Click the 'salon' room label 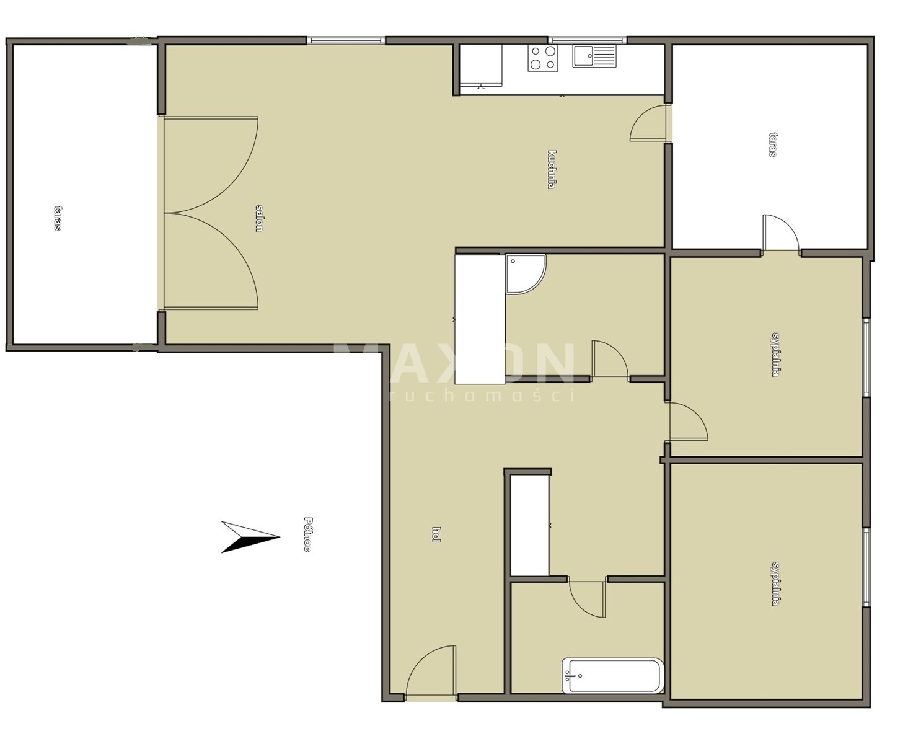tap(258, 218)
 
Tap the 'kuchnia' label tap(552, 169)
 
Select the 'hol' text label tap(436, 534)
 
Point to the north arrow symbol tap(250, 537)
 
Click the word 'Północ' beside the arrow tap(307, 534)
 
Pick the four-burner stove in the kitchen tap(542, 58)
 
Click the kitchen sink tap(594, 56)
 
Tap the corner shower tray tap(525, 274)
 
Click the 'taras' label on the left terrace tap(58, 218)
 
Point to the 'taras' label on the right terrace tap(772, 144)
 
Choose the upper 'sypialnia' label tap(775, 354)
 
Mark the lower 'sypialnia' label tap(775, 584)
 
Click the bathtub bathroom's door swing tap(587, 598)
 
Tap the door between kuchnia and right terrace tap(650, 123)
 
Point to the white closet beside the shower tap(480, 319)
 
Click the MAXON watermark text tap(454, 363)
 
